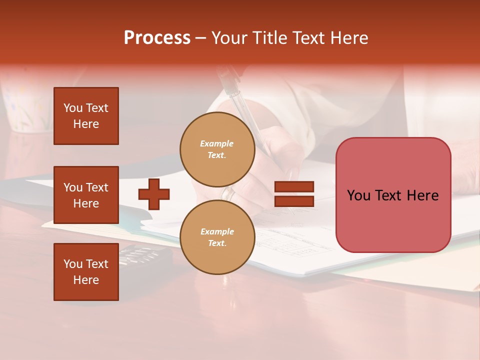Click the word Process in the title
click(157, 38)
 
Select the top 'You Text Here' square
click(86, 116)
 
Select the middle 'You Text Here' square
click(86, 195)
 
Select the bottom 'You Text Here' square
click(86, 271)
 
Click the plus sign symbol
click(154, 194)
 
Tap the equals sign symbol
click(294, 194)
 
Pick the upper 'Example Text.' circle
click(217, 149)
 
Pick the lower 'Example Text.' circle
click(217, 237)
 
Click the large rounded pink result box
click(393, 195)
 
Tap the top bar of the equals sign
click(294, 186)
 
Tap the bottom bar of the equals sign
click(294, 201)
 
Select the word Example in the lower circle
click(217, 231)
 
